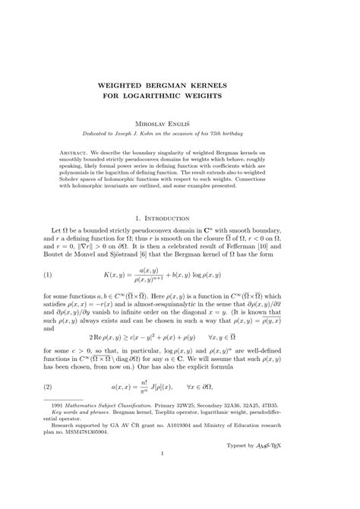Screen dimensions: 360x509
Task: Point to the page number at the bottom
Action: pos(179,498)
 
